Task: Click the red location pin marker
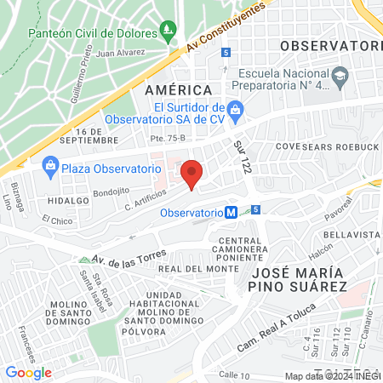(x=192, y=174)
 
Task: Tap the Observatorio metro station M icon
(x=231, y=213)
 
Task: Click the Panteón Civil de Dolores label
(x=92, y=34)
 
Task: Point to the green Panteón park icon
(x=169, y=34)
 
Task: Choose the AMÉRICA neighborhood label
(x=178, y=90)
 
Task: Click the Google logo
(x=28, y=372)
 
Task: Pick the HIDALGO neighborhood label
(x=70, y=200)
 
